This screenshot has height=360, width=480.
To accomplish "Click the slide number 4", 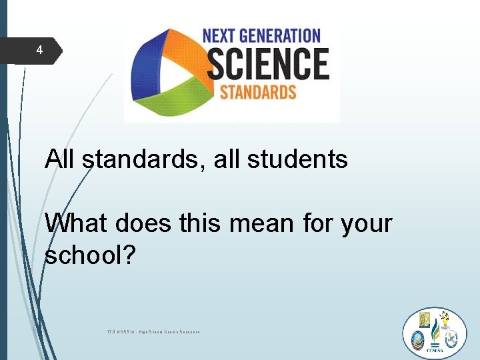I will pos(39,50).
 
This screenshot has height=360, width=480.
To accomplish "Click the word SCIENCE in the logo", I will pos(267,64).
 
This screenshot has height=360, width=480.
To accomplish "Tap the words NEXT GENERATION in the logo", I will pos(261,35).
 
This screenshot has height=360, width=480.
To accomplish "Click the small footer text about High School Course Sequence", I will pos(153,331).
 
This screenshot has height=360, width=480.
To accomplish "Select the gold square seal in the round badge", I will pos(425,321).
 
